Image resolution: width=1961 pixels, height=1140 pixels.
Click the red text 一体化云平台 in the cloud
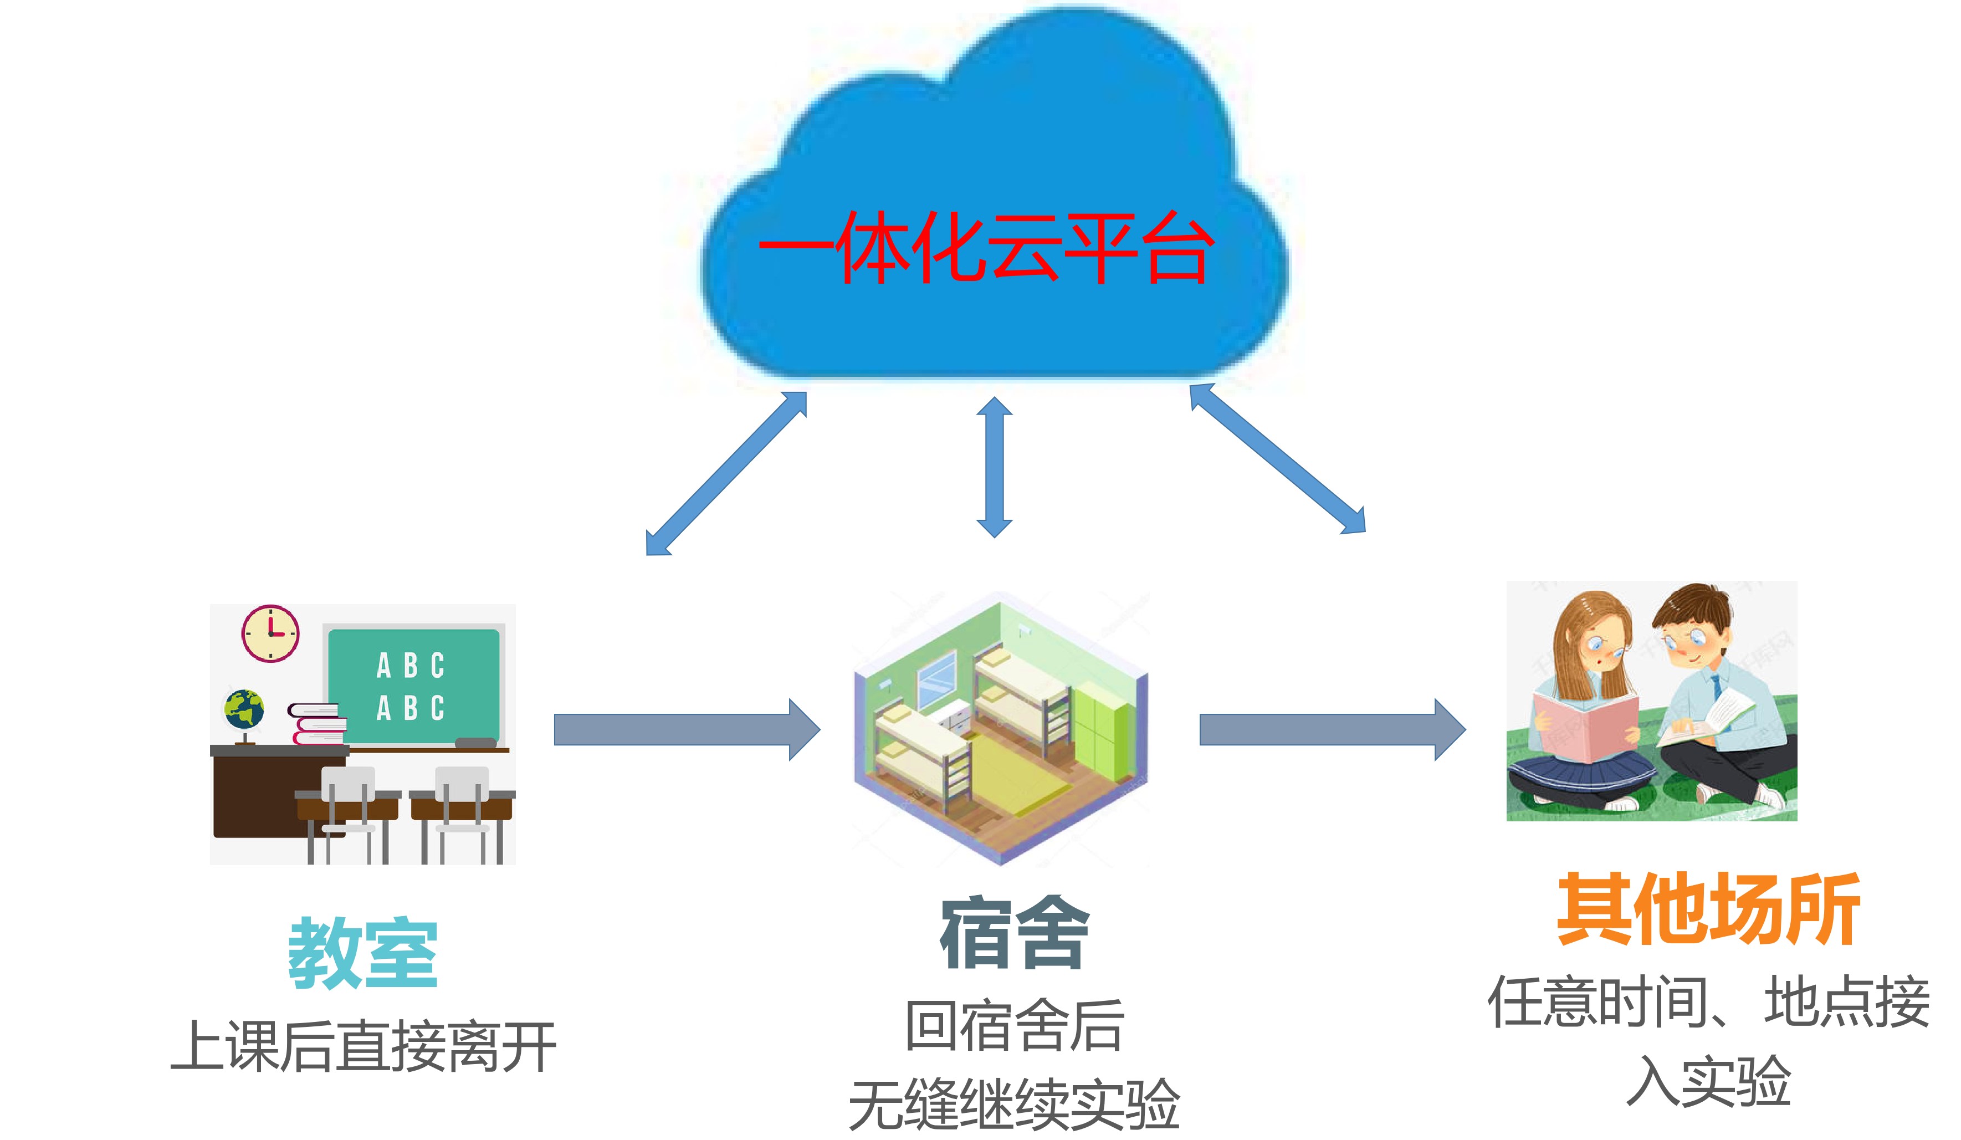[985, 248]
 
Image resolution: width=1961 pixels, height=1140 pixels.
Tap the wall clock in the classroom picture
[270, 633]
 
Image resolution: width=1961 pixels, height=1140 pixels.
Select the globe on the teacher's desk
[244, 710]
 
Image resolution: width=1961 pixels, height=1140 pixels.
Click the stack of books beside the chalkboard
[318, 724]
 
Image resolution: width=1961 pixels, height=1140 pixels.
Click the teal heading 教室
[362, 953]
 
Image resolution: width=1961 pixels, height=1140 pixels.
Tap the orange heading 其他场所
[1708, 908]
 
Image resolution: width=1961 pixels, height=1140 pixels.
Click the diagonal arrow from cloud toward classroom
[726, 473]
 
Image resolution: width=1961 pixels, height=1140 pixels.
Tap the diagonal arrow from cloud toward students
[1278, 459]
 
